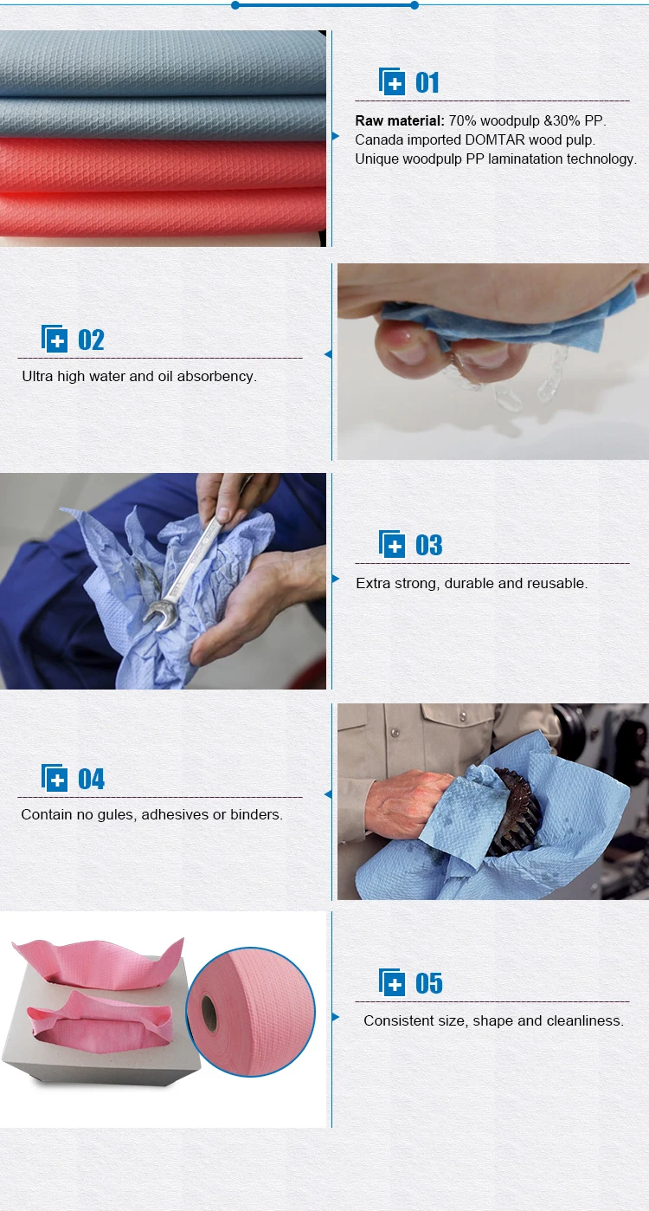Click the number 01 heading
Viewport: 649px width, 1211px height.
click(x=427, y=83)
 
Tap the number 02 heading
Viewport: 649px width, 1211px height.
click(x=91, y=340)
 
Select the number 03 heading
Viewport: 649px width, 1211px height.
click(x=428, y=545)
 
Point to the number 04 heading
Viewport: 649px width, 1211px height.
click(x=91, y=780)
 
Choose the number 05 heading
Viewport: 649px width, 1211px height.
click(x=428, y=984)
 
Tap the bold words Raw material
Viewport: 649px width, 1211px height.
click(x=400, y=121)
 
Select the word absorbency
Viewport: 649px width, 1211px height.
click(x=216, y=377)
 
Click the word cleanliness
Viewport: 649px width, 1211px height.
click(x=582, y=1021)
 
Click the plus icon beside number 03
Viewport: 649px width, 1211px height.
click(x=393, y=545)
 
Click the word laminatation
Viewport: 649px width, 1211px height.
click(x=548, y=159)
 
